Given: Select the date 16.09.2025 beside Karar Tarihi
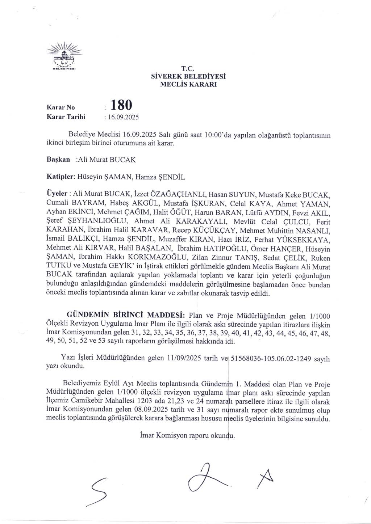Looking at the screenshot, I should click(122, 117).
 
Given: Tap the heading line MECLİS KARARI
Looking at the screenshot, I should click(188, 85).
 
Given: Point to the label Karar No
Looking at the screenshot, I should click(61, 107).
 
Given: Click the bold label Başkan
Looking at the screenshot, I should click(58, 159).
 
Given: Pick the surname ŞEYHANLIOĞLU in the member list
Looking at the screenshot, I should click(95, 221).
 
